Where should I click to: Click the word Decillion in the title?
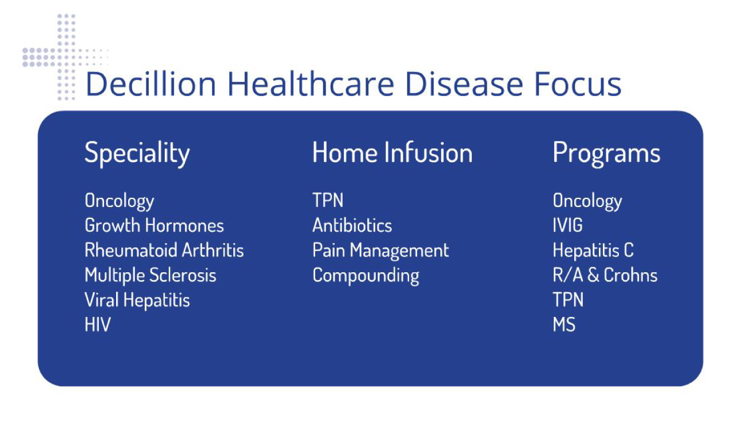[x=150, y=84]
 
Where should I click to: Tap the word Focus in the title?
[x=578, y=84]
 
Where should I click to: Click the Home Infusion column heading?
[x=392, y=152]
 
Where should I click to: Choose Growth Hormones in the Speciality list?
[x=154, y=225]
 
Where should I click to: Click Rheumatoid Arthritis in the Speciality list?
[x=164, y=250]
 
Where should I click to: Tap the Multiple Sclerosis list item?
[x=150, y=276]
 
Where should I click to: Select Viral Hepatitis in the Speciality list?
[x=137, y=300]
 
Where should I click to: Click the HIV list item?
[x=98, y=324]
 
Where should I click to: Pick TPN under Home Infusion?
[x=328, y=200]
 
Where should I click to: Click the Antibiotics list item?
[x=352, y=225]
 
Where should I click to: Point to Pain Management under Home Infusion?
[x=380, y=251]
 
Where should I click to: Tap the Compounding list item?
[x=366, y=276]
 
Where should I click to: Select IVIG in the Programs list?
[x=568, y=225]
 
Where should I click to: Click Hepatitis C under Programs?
[x=593, y=251]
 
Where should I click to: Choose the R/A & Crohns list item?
[x=605, y=275]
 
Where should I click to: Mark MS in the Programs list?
[x=564, y=324]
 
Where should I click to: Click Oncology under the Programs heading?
[x=587, y=201]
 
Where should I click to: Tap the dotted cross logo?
[x=65, y=57]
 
